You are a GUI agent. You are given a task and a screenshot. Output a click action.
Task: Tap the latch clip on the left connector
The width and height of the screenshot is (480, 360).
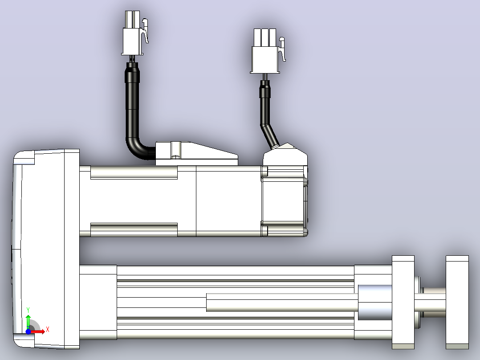(145, 31)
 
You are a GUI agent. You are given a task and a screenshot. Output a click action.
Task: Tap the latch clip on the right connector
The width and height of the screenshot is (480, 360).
(282, 49)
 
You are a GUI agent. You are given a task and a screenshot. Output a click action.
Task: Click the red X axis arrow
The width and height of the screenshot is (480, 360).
(38, 331)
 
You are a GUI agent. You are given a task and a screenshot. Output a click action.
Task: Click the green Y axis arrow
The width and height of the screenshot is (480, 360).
(28, 321)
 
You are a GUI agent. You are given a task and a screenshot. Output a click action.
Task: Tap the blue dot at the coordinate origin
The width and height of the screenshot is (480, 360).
(28, 331)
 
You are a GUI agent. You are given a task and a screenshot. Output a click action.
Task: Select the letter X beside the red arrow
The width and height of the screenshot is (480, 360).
(48, 330)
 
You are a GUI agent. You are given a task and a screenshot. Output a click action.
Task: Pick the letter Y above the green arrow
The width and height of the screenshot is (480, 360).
(28, 310)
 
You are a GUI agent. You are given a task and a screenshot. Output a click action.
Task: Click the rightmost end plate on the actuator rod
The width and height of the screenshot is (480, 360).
(457, 302)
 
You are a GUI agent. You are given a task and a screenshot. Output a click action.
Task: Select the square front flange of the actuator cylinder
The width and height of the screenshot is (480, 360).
(403, 302)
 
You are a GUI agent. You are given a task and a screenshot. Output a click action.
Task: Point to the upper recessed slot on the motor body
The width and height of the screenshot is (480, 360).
(134, 172)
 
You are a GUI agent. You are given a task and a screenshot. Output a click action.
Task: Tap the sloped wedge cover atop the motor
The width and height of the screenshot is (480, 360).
(196, 154)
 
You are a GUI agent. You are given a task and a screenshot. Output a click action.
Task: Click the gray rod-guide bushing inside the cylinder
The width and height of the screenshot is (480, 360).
(375, 303)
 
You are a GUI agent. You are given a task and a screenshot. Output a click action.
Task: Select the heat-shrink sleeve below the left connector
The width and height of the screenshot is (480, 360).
(132, 72)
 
